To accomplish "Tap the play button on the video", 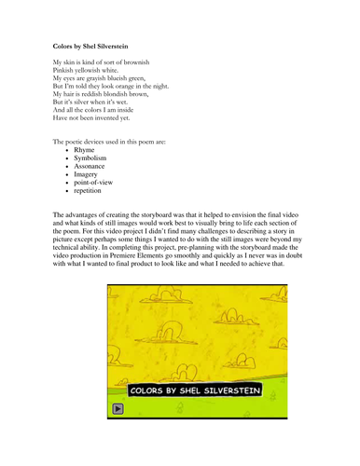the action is (x=118, y=407).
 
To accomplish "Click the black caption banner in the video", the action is (x=194, y=389).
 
